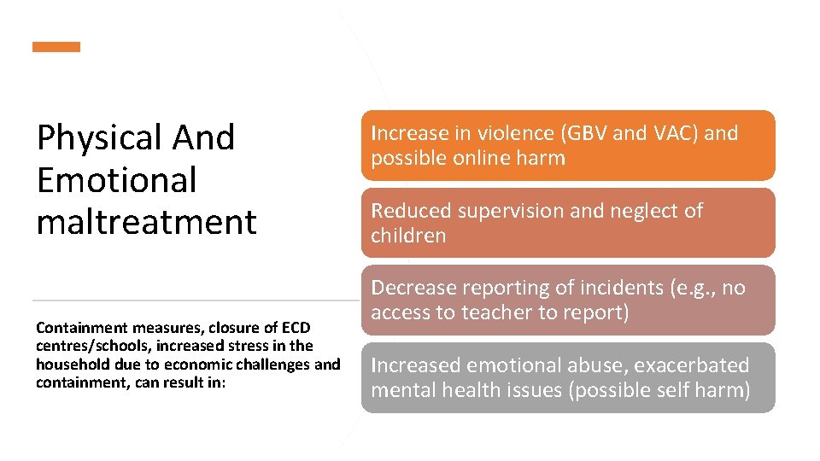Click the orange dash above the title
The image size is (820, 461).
coord(56,47)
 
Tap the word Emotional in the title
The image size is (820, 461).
coord(116,179)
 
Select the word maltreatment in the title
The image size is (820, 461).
coord(146,222)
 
